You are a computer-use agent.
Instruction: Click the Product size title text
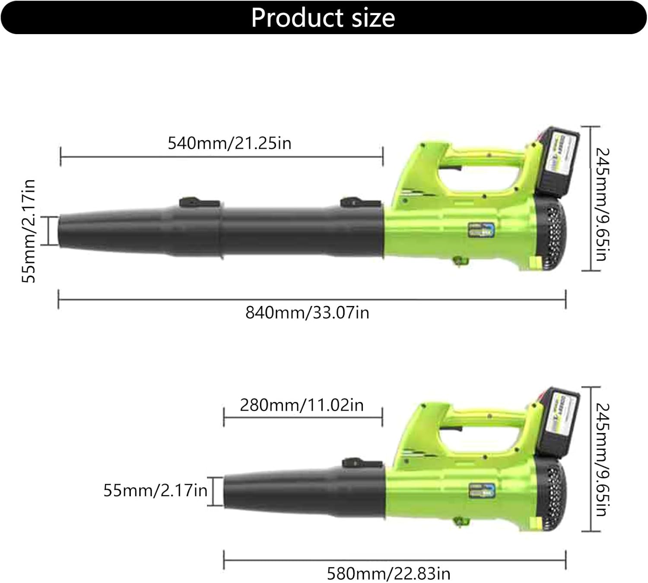(323, 18)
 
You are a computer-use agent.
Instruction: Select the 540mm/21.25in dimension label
(229, 143)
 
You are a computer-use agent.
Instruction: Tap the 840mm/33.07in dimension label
(307, 312)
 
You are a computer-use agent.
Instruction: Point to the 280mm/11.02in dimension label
(302, 405)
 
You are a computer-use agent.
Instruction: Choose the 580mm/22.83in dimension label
(388, 573)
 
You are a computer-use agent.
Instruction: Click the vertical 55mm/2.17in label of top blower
(29, 231)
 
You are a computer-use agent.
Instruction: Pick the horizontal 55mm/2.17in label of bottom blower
(155, 491)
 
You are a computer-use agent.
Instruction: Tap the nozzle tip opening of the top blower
(60, 231)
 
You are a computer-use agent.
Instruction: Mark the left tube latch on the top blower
(198, 202)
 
